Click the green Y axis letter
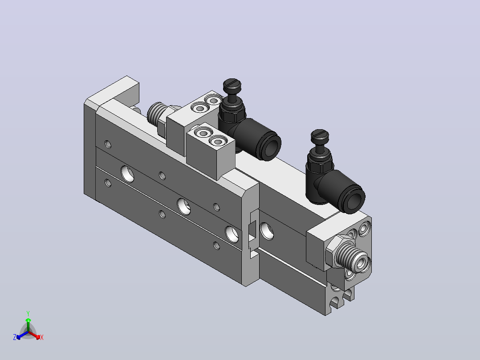[28, 313]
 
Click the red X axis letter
[42, 337]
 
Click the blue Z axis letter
[15, 337]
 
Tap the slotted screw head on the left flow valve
[232, 84]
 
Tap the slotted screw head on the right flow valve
[320, 135]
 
